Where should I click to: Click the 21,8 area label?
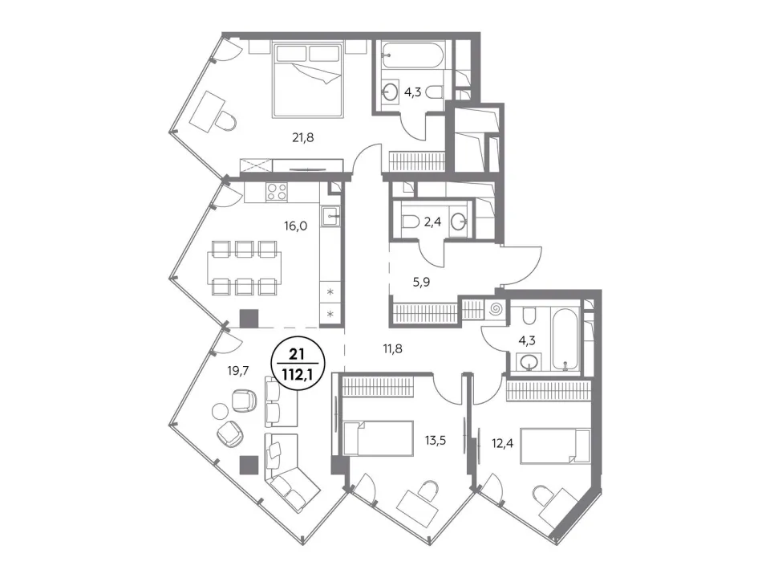[x=302, y=138]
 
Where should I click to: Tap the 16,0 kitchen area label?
[x=295, y=226]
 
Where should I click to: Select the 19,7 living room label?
[x=238, y=371]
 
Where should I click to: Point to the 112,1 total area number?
[x=296, y=375]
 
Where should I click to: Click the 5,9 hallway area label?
[x=421, y=282]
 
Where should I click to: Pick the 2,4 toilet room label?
[x=432, y=222]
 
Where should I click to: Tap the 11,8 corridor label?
[x=393, y=349]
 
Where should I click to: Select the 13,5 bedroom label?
[x=435, y=441]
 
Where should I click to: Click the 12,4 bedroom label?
[x=502, y=444]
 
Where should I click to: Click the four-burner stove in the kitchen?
[x=277, y=191]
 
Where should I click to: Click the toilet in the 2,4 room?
[x=410, y=222]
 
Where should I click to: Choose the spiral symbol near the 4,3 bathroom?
[x=496, y=310]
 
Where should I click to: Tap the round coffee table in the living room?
[x=220, y=410]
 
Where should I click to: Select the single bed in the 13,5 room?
[x=378, y=438]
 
